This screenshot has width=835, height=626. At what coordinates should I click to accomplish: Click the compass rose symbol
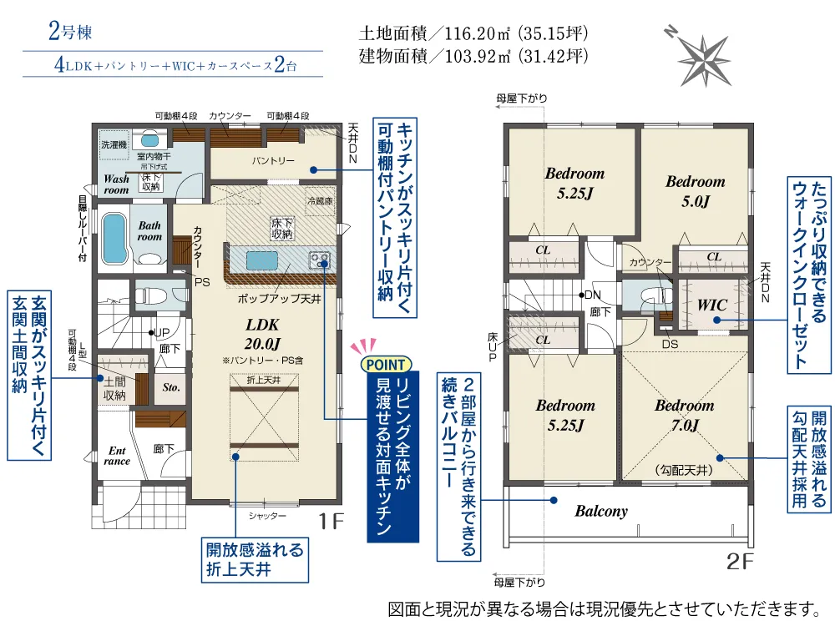tap(703, 58)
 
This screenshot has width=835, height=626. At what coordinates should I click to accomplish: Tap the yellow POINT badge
tap(386, 366)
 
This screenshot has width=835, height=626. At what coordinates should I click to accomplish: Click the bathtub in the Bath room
tap(114, 239)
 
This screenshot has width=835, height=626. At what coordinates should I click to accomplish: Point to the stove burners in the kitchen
tap(320, 260)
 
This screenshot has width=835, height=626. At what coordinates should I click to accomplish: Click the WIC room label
tap(712, 305)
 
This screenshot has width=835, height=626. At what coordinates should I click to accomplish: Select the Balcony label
tap(601, 511)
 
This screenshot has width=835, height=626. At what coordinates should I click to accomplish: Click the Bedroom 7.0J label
tap(685, 415)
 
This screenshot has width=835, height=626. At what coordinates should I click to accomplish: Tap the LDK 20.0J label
tap(262, 334)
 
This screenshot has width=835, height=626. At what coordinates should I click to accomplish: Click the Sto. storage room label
tap(171, 387)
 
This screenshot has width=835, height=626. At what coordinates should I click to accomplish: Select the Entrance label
tap(117, 457)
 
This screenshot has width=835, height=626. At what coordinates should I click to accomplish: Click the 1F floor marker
tap(331, 521)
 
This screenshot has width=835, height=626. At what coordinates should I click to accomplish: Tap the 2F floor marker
tap(740, 561)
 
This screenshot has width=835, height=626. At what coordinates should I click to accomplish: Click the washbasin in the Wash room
tap(149, 140)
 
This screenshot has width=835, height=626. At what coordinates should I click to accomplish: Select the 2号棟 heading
tap(70, 31)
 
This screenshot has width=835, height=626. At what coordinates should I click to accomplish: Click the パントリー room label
tap(273, 160)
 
